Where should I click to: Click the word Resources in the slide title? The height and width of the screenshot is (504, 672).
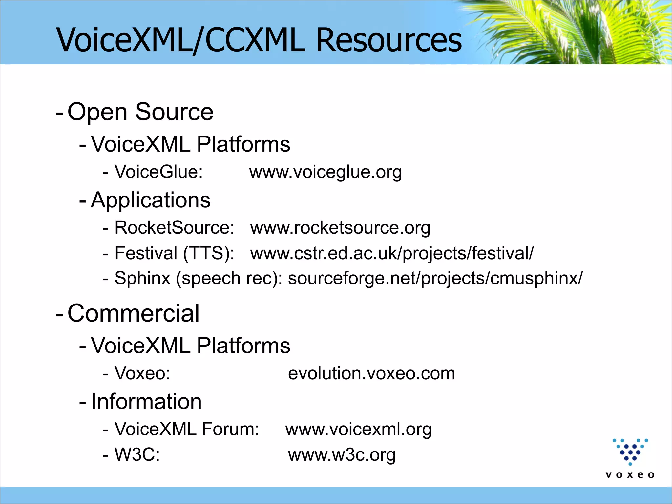(389, 40)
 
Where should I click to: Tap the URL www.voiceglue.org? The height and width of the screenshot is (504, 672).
(325, 172)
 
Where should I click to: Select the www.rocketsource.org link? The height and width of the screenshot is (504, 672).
(340, 228)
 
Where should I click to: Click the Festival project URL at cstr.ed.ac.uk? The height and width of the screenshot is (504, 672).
(392, 253)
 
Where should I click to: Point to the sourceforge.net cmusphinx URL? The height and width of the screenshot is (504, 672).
(435, 278)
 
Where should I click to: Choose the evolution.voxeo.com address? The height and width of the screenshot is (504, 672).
(371, 373)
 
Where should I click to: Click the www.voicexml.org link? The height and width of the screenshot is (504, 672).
(358, 429)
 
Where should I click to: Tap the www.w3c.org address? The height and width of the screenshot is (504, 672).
(342, 455)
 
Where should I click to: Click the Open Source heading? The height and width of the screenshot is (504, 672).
(140, 112)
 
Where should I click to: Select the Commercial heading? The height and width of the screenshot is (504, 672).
(133, 313)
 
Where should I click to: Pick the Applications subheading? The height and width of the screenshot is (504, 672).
(151, 200)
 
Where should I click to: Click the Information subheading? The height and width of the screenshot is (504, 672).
(146, 402)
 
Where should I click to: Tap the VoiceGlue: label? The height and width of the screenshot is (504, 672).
(158, 172)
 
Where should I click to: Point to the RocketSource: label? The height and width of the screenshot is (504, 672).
(174, 228)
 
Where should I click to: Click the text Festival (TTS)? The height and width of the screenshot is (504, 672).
(174, 253)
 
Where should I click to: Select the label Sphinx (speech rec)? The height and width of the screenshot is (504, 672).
(198, 278)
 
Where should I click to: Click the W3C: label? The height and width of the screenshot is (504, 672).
(137, 455)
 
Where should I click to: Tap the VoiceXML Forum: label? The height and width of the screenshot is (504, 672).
(187, 429)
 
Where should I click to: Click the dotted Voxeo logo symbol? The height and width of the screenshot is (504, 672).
(630, 451)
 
